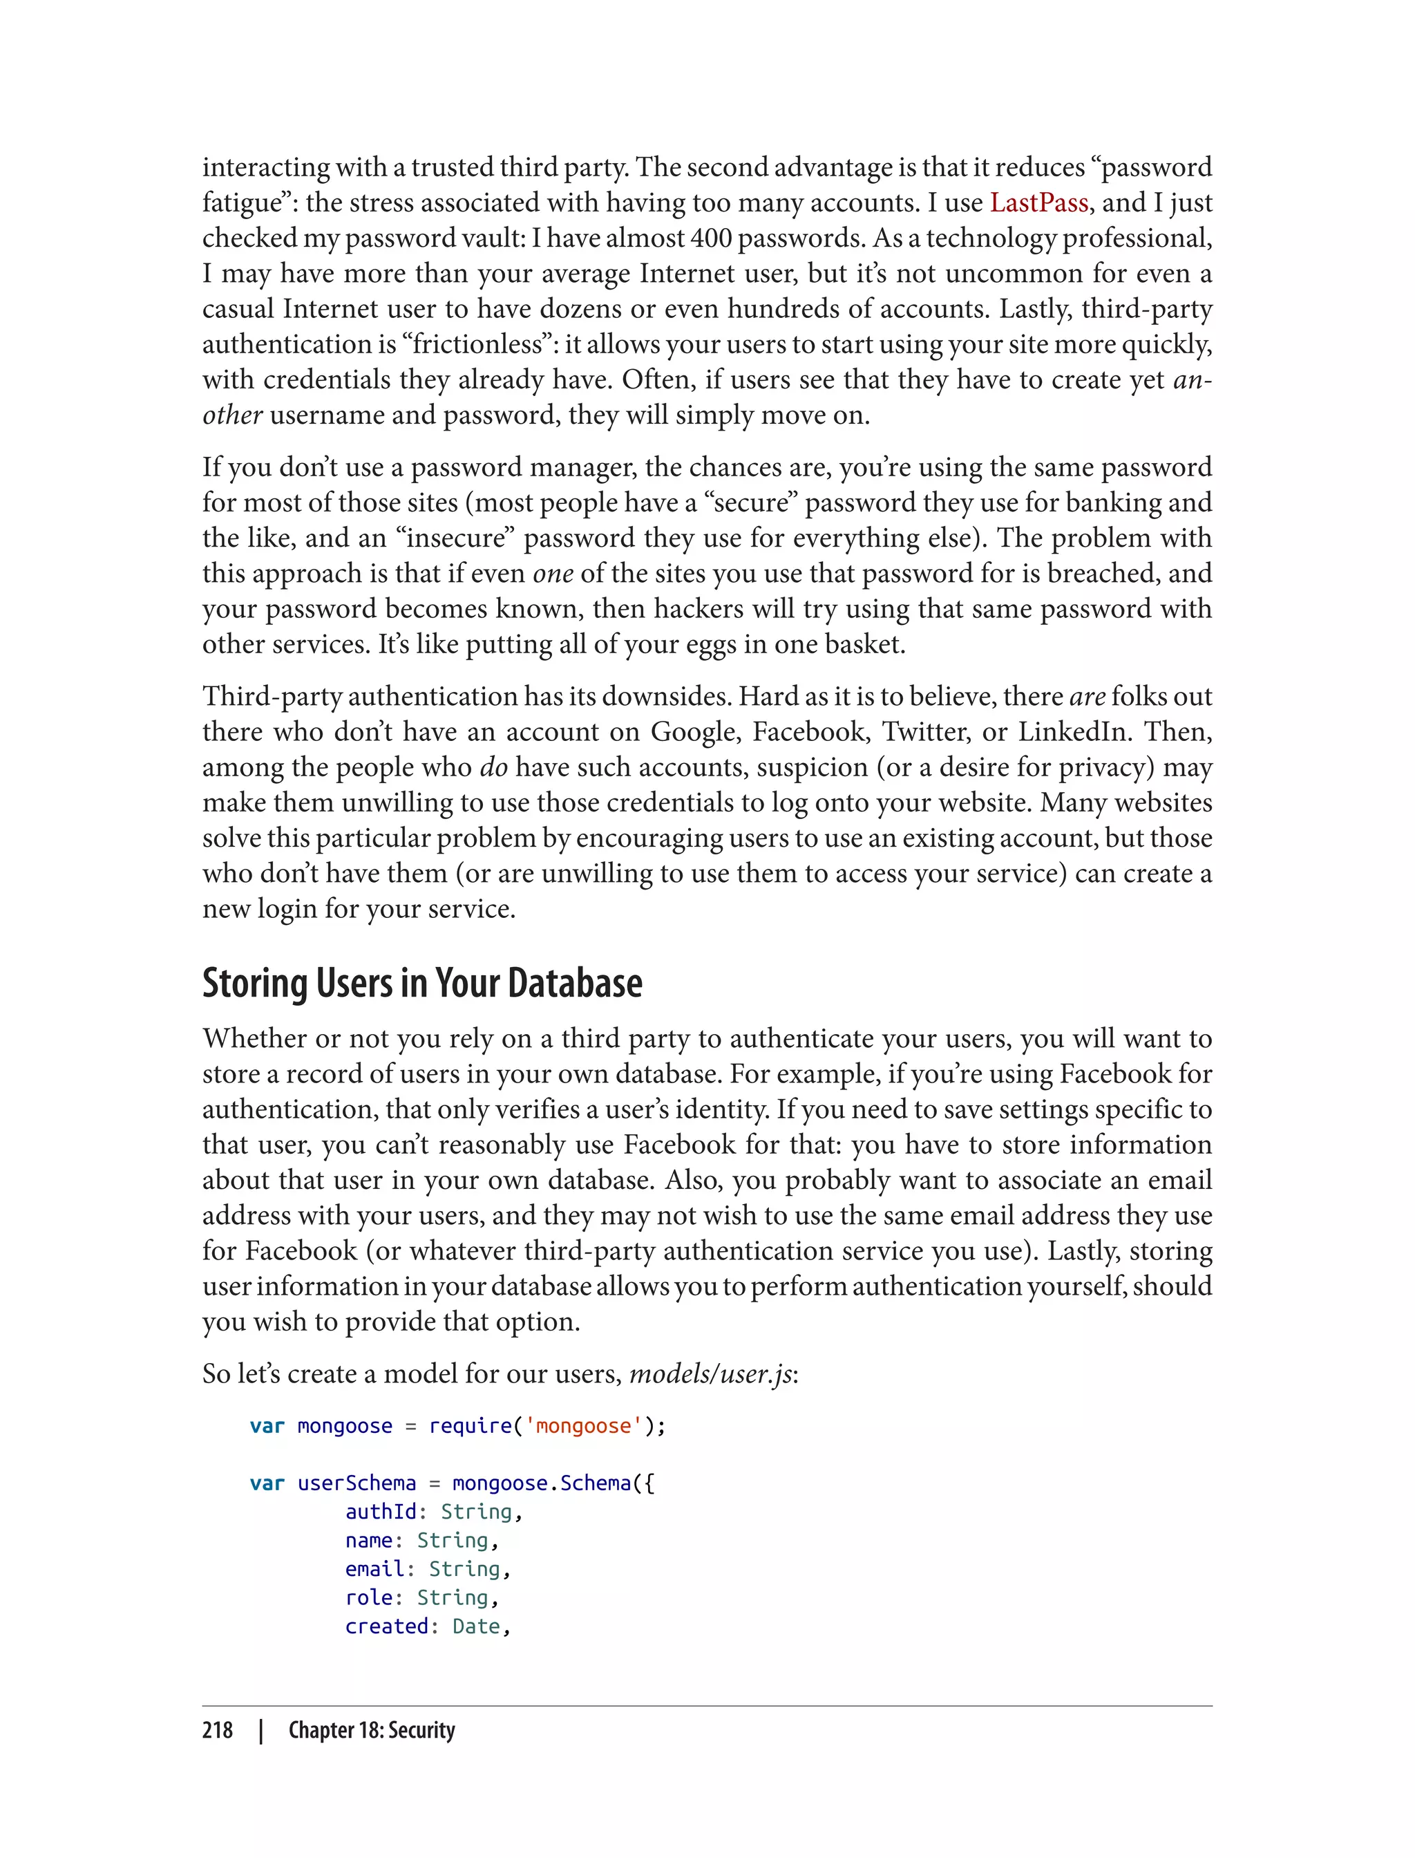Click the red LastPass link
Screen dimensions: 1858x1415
[x=1038, y=203]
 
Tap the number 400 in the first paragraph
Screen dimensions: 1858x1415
[x=711, y=238]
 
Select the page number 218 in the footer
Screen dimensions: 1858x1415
[x=218, y=1730]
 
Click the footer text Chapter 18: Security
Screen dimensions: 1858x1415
[x=372, y=1730]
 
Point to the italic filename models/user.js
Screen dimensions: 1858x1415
[x=710, y=1374]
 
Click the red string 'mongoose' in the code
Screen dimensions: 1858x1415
[x=583, y=1426]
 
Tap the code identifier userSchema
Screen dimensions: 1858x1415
[x=357, y=1483]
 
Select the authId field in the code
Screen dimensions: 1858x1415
[x=381, y=1512]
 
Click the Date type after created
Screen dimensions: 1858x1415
[x=476, y=1626]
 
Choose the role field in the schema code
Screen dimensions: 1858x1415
[x=368, y=1597]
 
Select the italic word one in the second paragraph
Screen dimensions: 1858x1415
[x=553, y=574]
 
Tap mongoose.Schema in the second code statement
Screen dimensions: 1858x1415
[x=542, y=1483]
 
